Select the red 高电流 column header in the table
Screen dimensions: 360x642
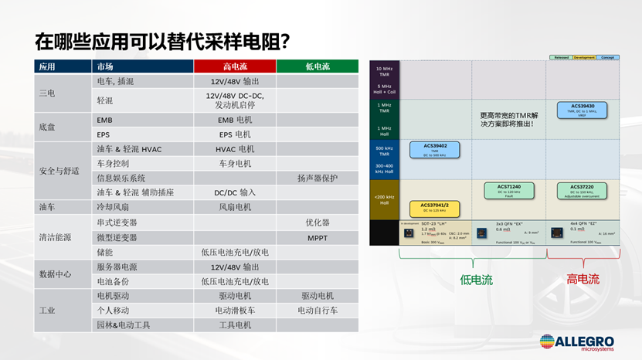coord(235,66)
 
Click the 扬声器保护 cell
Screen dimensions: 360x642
coord(318,178)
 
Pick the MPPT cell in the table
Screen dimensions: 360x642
coord(318,237)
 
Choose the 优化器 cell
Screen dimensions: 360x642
coord(318,222)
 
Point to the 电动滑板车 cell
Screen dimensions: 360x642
coord(235,311)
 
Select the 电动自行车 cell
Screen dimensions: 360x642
coord(318,311)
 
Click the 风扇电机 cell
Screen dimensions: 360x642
coord(235,208)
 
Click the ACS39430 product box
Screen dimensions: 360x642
coord(581,109)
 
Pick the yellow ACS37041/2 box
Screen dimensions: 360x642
coord(430,207)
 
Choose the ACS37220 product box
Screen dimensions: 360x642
coord(581,190)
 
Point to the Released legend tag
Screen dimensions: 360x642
coord(561,57)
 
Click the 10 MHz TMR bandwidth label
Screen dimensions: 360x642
coord(384,71)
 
